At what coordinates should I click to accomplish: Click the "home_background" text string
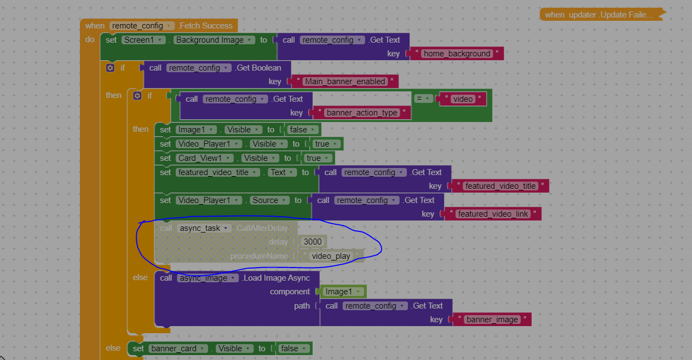tap(457, 54)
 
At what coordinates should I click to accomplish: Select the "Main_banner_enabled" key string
tap(345, 82)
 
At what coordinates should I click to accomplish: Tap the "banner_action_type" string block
tap(362, 113)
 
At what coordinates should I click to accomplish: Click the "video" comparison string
tap(463, 99)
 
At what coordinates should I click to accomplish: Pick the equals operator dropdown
tap(423, 98)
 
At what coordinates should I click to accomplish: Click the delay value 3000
tap(312, 242)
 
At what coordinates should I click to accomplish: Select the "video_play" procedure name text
tap(331, 256)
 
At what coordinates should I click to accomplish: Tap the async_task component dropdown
tap(204, 228)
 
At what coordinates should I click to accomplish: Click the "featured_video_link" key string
tap(493, 214)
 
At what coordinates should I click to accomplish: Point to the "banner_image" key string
tap(492, 320)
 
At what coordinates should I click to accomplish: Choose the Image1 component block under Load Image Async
tap(342, 292)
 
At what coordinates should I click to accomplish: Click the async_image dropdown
tap(207, 278)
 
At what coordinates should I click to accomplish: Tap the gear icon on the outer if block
tap(110, 68)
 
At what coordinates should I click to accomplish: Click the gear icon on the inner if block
tap(137, 96)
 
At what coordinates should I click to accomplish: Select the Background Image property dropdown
tap(214, 40)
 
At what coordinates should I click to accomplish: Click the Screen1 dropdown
tap(143, 40)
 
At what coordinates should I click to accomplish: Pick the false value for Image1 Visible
tap(302, 130)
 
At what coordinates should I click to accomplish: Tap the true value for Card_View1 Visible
tap(318, 158)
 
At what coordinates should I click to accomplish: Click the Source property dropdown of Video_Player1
tap(269, 200)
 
